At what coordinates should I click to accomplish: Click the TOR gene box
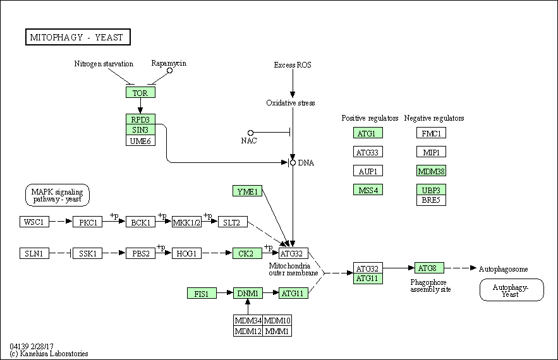(140, 92)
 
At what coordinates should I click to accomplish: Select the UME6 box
(140, 140)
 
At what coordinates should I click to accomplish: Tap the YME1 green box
(247, 191)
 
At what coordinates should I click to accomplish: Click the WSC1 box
(34, 222)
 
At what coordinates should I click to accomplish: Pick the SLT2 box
(233, 222)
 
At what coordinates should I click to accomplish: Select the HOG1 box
(186, 253)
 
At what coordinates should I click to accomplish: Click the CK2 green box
(247, 253)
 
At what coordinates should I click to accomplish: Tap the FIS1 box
(202, 293)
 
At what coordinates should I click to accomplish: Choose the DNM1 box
(248, 293)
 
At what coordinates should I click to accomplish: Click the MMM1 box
(277, 331)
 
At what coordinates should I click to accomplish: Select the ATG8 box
(429, 268)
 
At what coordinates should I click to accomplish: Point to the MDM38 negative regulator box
(432, 171)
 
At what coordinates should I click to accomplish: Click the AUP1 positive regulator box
(368, 171)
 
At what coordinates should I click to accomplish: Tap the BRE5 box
(432, 200)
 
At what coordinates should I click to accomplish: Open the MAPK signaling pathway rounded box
(58, 195)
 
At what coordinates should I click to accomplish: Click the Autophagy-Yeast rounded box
(512, 290)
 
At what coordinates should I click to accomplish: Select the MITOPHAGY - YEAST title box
(78, 37)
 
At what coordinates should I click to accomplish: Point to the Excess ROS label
(293, 65)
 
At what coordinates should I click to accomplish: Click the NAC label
(249, 140)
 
